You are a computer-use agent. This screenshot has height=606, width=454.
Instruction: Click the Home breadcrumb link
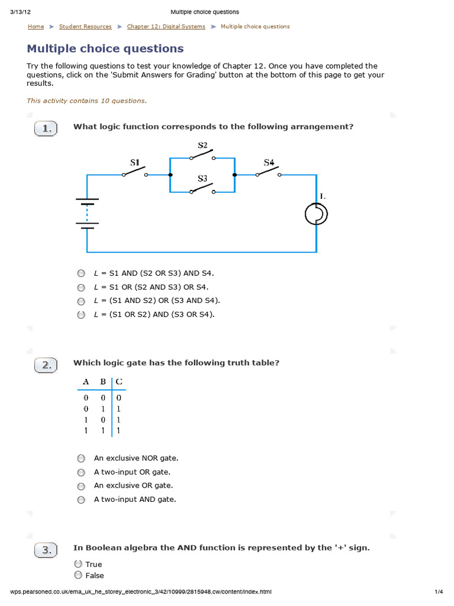tap(35, 27)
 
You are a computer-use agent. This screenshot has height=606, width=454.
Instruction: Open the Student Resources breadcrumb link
tap(85, 27)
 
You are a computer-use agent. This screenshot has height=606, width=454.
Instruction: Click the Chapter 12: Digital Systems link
tap(166, 27)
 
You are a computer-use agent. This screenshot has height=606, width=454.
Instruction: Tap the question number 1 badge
tap(46, 129)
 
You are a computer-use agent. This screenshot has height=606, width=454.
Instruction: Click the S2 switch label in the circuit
tap(202, 145)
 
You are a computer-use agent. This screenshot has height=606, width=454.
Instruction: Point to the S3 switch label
tap(202, 178)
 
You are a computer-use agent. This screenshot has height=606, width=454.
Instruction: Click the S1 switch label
tap(135, 162)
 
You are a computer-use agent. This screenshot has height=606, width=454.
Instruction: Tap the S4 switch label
tap(269, 162)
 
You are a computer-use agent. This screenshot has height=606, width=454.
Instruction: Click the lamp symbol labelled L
tap(317, 213)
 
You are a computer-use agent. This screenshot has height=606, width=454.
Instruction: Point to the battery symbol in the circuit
tap(87, 212)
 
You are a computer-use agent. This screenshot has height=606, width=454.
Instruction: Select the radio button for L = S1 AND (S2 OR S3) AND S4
tap(81, 273)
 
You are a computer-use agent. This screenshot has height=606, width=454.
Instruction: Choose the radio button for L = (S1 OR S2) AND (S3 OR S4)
tap(81, 315)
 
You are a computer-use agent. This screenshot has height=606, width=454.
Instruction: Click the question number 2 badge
tap(46, 365)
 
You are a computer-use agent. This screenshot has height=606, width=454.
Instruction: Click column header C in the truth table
tap(119, 382)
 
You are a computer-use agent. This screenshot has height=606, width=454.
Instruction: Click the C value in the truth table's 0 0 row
tap(119, 398)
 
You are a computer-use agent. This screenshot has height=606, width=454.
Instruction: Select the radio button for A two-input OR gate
tap(81, 472)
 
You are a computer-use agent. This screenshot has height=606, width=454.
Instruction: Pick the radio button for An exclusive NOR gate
tap(81, 458)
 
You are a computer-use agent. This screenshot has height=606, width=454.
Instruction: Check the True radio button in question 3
tap(78, 564)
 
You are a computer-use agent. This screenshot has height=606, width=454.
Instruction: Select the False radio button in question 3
tap(78, 575)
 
